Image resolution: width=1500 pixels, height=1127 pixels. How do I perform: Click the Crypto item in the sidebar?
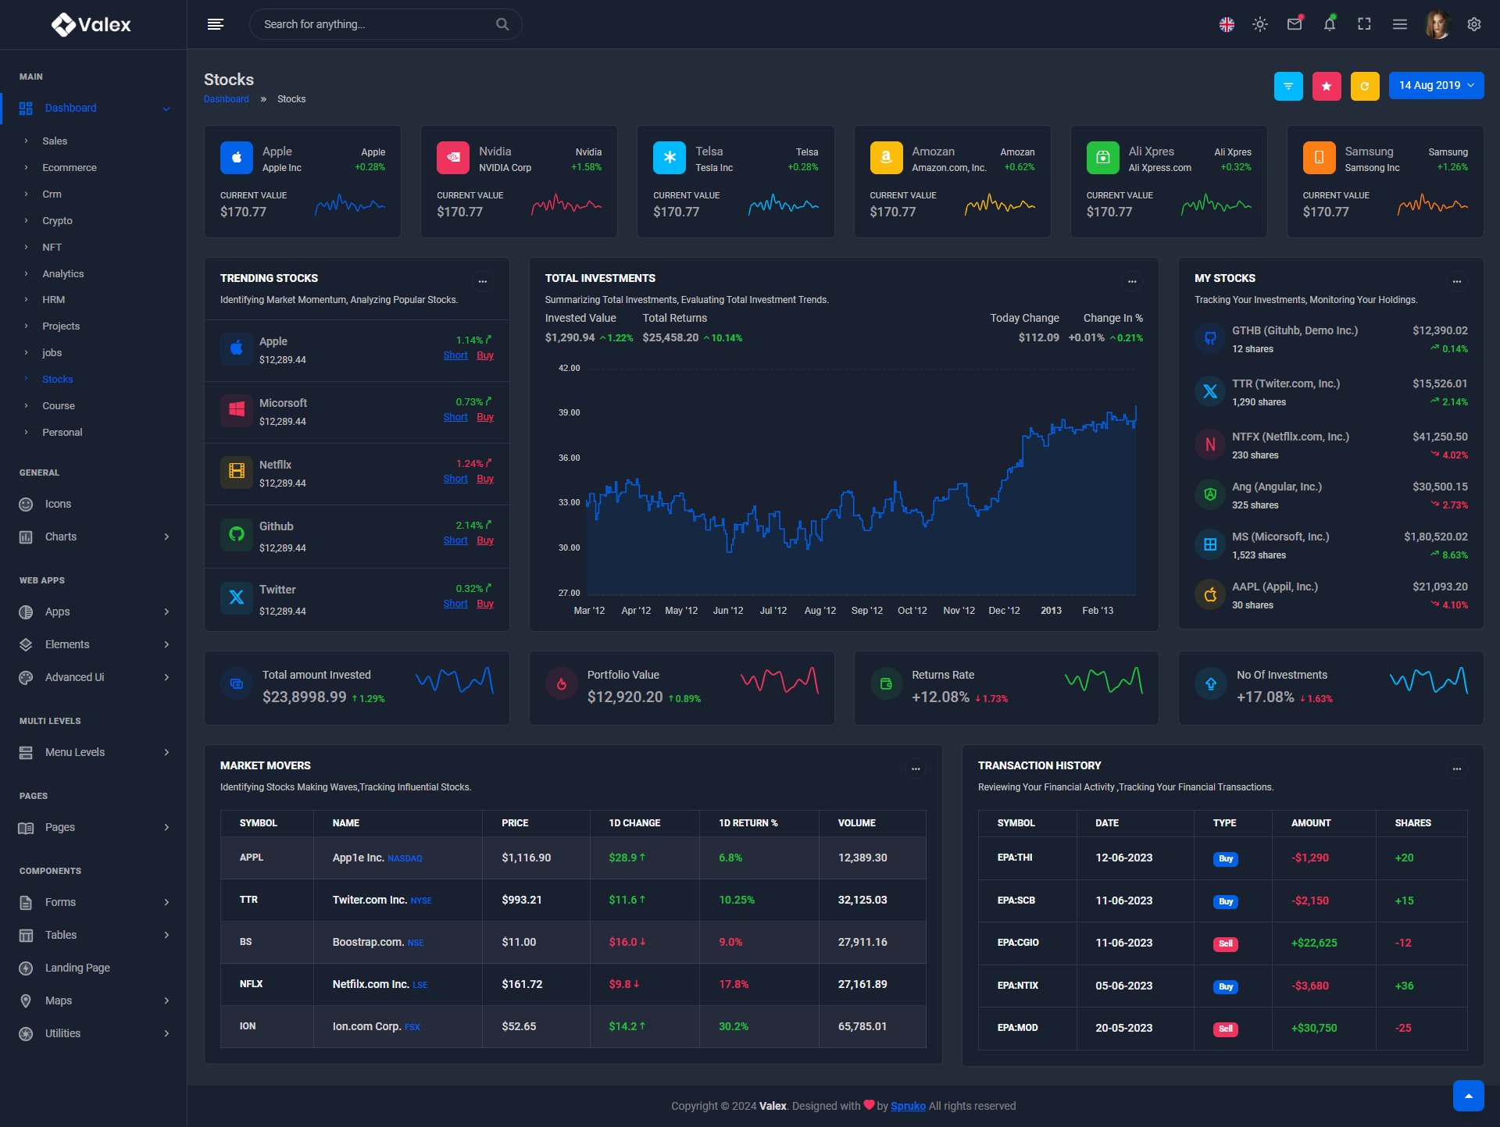pos(57,221)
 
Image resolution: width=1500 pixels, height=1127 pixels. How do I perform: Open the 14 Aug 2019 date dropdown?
pos(1436,86)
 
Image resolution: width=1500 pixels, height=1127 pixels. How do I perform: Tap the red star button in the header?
pos(1327,86)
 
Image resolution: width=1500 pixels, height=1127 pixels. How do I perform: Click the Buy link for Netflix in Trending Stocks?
pos(485,479)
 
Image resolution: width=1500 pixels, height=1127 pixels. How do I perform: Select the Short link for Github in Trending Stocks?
pos(455,540)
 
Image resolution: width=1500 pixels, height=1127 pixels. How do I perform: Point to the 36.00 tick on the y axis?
pos(569,458)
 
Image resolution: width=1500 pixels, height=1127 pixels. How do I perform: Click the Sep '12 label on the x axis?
pos(867,611)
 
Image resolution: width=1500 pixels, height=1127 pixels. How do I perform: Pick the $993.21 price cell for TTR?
pos(522,900)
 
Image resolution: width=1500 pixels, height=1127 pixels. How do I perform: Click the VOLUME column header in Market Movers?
pos(857,823)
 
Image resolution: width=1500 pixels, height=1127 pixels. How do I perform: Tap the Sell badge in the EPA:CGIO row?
pos(1226,943)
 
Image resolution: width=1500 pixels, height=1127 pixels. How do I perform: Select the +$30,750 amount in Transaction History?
pos(1314,1028)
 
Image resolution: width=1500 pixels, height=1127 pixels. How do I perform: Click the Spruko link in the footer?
pos(908,1106)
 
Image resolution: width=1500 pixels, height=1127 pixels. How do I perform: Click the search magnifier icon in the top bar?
pos(502,24)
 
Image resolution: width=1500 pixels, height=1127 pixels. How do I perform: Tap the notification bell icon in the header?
pos(1330,24)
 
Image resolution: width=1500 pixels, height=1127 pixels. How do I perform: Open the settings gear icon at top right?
pos(1474,24)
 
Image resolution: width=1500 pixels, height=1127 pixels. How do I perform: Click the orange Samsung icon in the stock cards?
pos(1319,158)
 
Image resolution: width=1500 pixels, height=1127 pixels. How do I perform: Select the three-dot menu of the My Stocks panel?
pos(1457,281)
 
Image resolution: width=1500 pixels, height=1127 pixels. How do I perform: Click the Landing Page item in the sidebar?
pos(77,968)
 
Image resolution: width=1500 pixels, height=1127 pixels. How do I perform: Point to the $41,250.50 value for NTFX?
pos(1440,437)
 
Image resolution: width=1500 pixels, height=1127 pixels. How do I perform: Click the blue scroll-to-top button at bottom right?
pos(1469,1096)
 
